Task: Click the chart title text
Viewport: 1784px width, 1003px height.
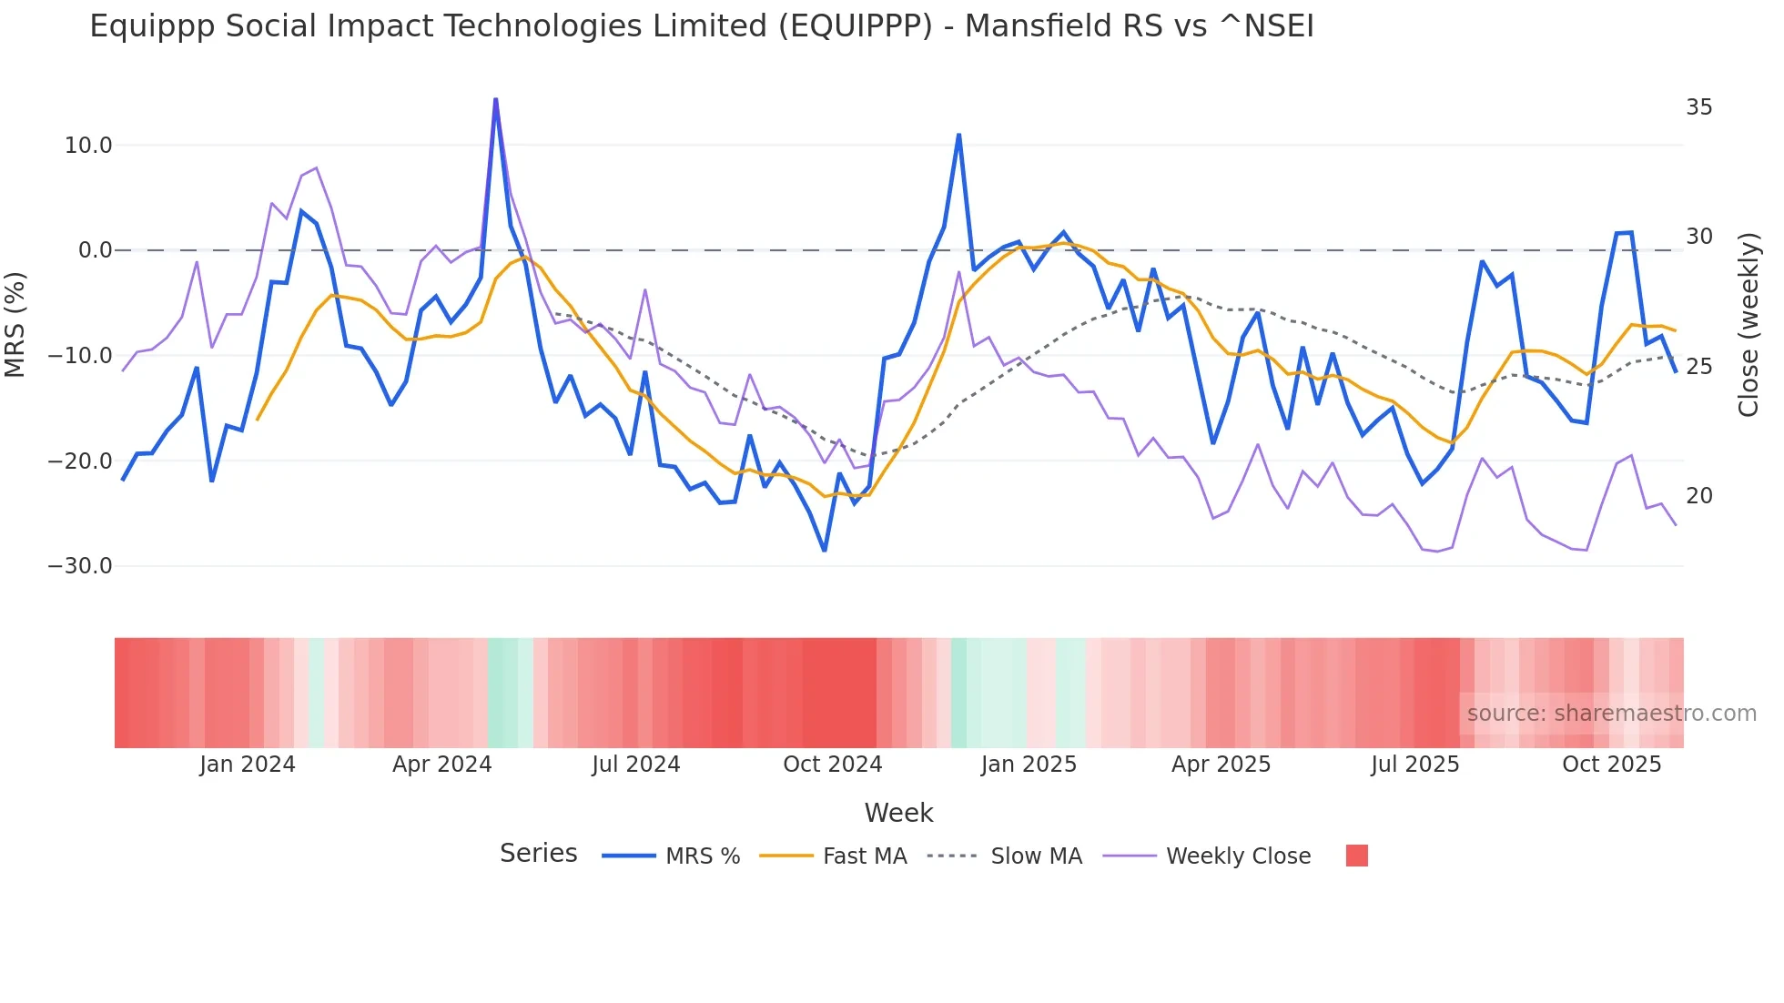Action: pyautogui.click(x=701, y=26)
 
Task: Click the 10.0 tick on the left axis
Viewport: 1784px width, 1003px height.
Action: pyautogui.click(x=88, y=146)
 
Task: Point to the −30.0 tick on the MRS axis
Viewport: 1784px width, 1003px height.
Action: pyautogui.click(x=80, y=566)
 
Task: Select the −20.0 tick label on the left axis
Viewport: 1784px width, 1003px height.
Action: pyautogui.click(x=80, y=461)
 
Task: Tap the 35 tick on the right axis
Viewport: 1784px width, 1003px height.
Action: pyautogui.click(x=1698, y=107)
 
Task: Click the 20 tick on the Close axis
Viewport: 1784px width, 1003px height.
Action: pyautogui.click(x=1698, y=496)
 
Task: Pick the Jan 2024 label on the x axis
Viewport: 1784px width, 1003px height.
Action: pyautogui.click(x=248, y=765)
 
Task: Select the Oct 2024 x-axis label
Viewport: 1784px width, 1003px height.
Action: pyautogui.click(x=832, y=765)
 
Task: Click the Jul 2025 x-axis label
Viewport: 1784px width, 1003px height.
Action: pyautogui.click(x=1414, y=765)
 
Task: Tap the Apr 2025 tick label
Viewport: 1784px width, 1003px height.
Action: pyautogui.click(x=1221, y=765)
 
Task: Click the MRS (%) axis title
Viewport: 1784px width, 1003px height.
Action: pyautogui.click(x=15, y=324)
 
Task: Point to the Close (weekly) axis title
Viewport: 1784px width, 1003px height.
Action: pyautogui.click(x=1749, y=324)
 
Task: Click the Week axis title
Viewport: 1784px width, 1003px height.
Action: pyautogui.click(x=898, y=813)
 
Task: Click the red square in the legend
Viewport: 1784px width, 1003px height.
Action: pyautogui.click(x=1356, y=856)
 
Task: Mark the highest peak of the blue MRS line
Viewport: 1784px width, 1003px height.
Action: pyautogui.click(x=495, y=99)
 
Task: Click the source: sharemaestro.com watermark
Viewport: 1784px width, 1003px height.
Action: pyautogui.click(x=1611, y=714)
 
